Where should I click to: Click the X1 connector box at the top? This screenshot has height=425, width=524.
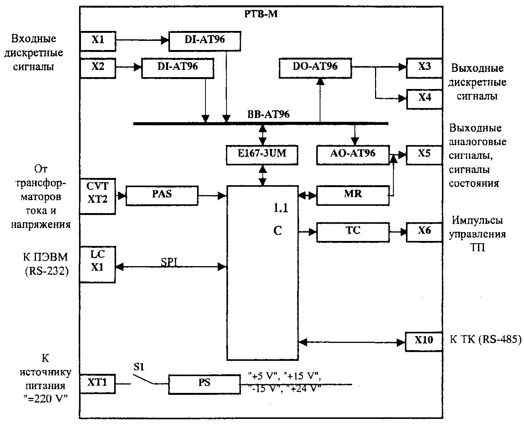click(98, 41)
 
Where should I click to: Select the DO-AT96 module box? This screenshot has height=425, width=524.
click(315, 68)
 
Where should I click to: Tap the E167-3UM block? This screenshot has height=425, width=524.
click(262, 155)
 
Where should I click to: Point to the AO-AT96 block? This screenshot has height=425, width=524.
click(353, 155)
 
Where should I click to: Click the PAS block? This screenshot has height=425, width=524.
click(162, 196)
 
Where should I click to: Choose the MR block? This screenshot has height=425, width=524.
click(353, 196)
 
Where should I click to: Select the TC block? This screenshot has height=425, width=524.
click(353, 233)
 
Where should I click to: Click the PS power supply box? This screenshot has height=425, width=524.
click(204, 384)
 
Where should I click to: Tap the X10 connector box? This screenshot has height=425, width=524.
click(424, 342)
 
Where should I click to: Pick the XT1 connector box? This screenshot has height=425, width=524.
click(97, 384)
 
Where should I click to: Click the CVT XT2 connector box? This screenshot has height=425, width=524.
click(98, 196)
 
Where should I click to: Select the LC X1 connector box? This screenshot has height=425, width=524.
click(97, 264)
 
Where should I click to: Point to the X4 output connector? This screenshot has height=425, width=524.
click(425, 99)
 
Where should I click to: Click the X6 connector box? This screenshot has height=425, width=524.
click(424, 233)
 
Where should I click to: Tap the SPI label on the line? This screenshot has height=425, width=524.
click(169, 262)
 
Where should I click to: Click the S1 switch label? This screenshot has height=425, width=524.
click(139, 367)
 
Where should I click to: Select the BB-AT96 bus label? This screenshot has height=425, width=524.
click(268, 114)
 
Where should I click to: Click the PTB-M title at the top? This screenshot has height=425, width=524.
click(261, 14)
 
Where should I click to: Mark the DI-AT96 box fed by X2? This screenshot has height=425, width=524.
click(178, 68)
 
